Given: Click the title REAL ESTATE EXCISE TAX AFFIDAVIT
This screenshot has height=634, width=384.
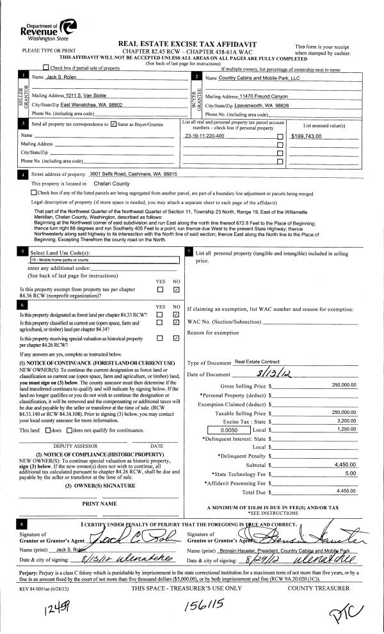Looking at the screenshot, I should coord(192,42).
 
